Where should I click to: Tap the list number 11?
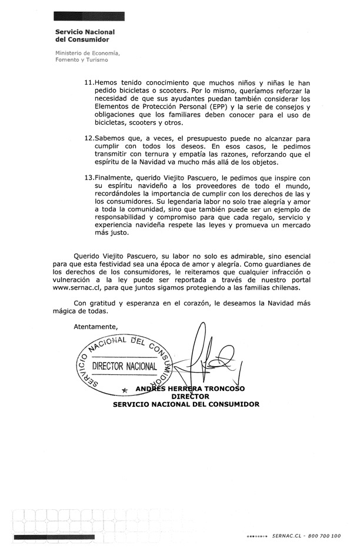click(x=89, y=83)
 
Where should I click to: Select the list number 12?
click(x=89, y=138)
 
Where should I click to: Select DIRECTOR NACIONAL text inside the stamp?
click(x=125, y=366)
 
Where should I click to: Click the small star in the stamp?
click(x=124, y=390)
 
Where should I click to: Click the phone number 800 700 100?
click(x=325, y=536)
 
